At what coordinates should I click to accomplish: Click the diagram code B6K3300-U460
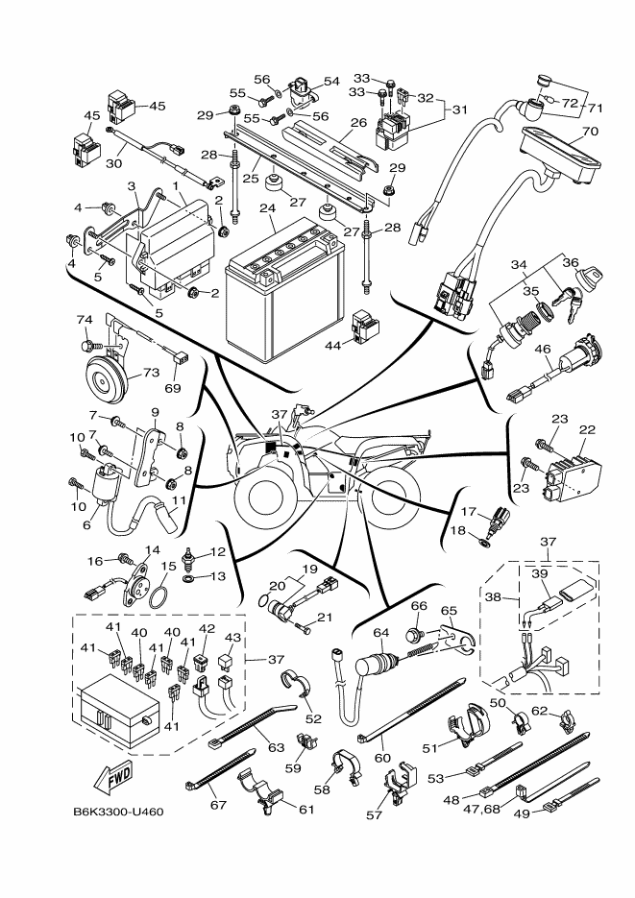pos(118,812)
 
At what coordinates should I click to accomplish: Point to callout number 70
pos(590,131)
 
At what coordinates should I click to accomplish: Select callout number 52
pos(313,719)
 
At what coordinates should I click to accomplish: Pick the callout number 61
pos(306,809)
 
